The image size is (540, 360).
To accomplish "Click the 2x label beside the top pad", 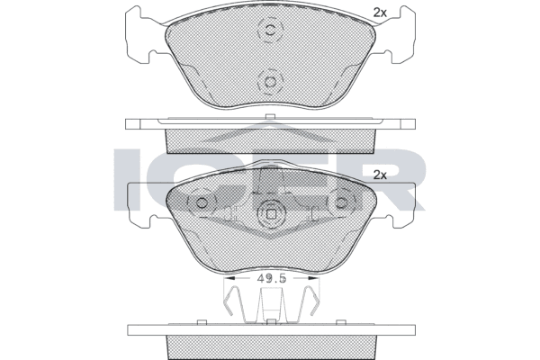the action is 380,13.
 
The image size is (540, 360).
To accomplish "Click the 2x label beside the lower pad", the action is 380,175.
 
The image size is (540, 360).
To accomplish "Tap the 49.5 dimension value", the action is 272,279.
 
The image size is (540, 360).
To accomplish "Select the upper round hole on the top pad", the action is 270,30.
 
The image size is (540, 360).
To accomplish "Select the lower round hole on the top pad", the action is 270,82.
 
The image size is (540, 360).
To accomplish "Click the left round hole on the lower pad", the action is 202,202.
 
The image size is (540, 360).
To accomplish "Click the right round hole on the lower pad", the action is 342,202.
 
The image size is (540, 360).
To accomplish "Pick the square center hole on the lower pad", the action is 272,214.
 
